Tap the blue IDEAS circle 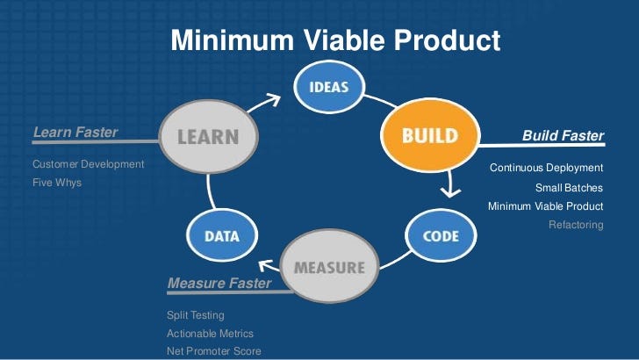tap(329, 87)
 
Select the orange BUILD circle tap(430, 136)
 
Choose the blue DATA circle tap(222, 235)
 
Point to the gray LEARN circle tap(210, 137)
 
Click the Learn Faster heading tap(75, 133)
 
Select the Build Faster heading tap(563, 136)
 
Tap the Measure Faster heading tap(219, 283)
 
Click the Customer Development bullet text tap(88, 164)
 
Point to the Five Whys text tap(57, 183)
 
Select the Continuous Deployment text tap(546, 167)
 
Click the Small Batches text tap(569, 187)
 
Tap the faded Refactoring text tap(576, 225)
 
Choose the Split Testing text tap(196, 314)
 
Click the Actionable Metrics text tap(210, 333)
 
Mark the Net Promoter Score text tap(213, 351)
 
